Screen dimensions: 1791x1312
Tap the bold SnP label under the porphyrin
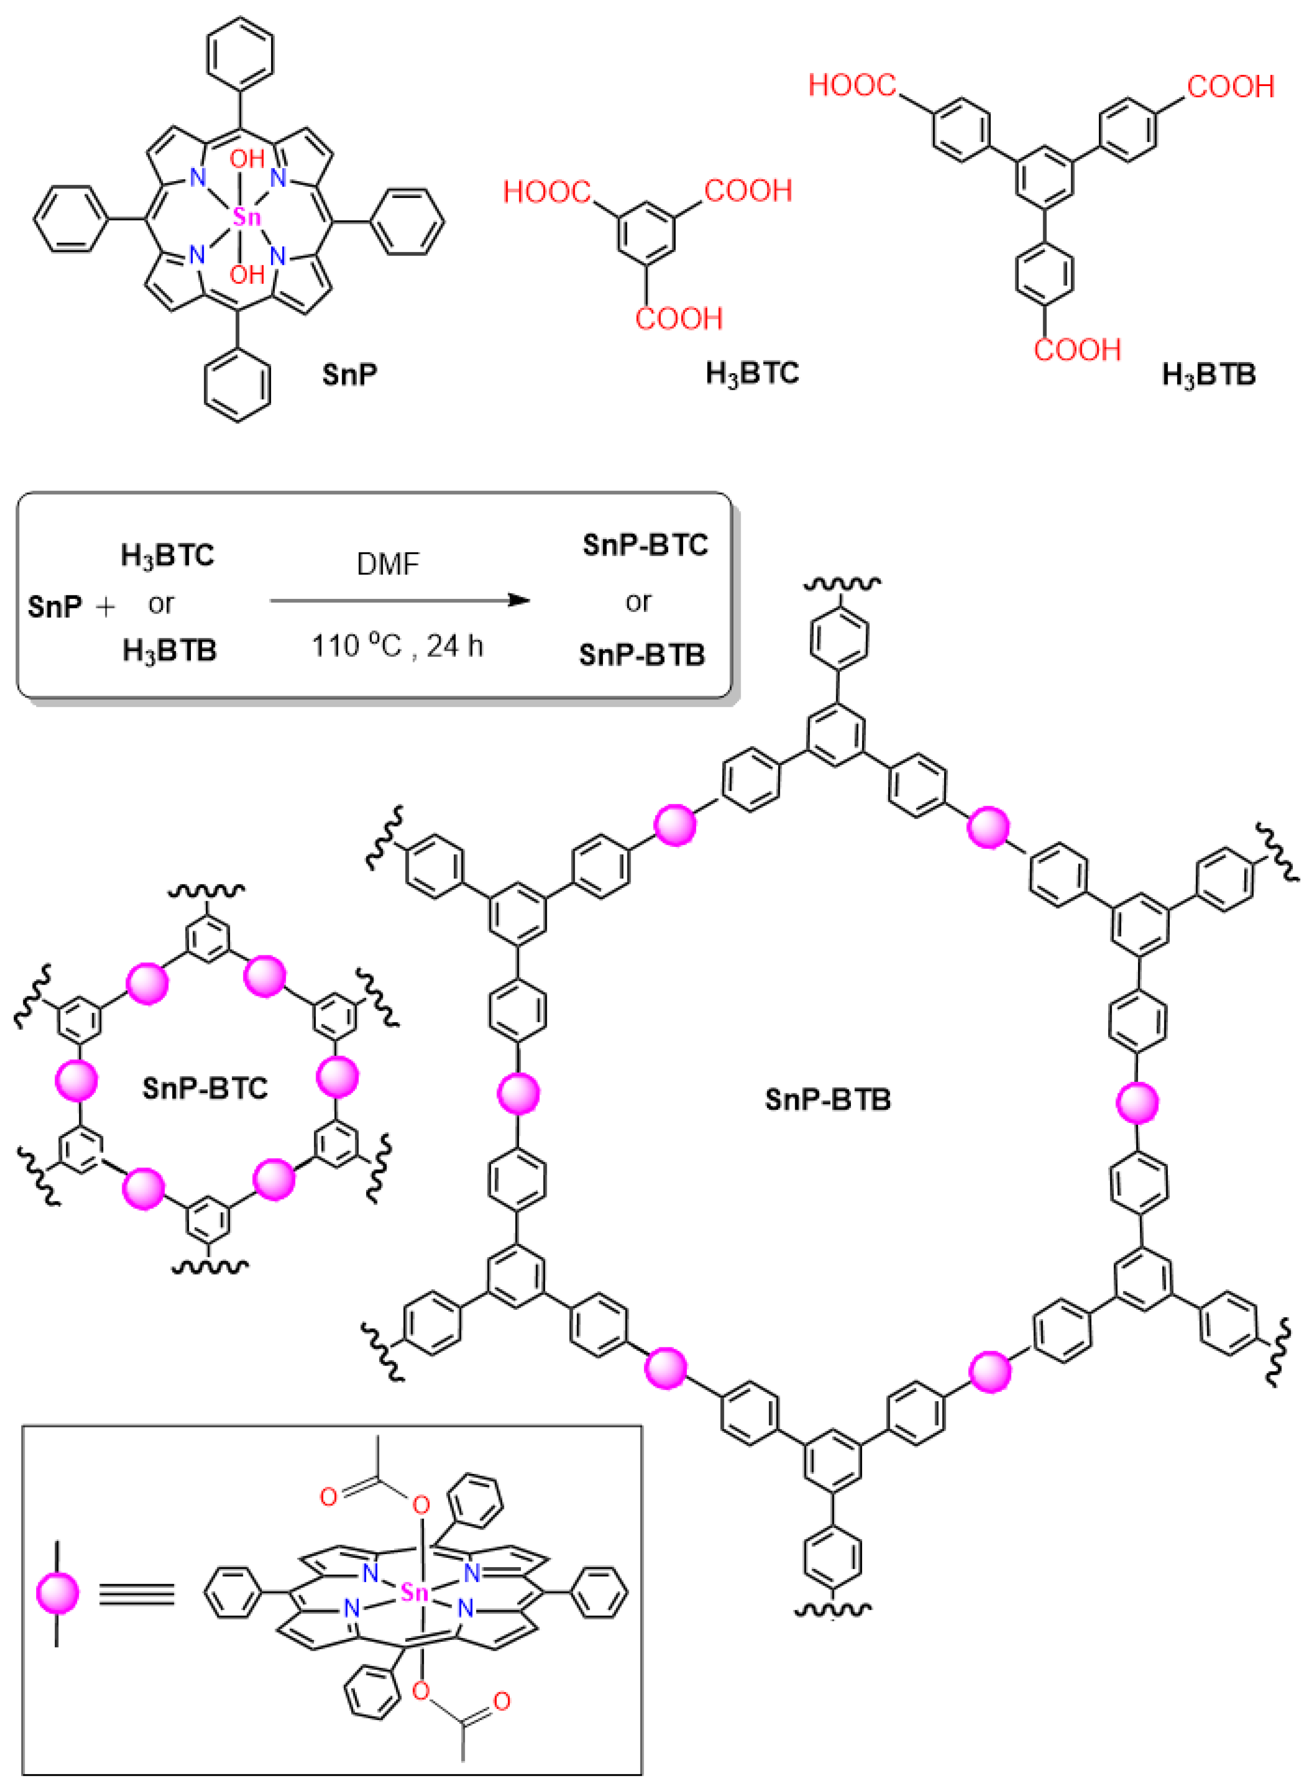(350, 373)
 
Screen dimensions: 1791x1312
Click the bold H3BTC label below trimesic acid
(752, 373)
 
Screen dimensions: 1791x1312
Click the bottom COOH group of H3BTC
(679, 319)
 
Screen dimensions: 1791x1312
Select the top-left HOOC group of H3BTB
(852, 85)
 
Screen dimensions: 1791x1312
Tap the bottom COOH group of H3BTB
(1077, 350)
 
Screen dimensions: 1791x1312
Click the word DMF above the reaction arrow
(388, 564)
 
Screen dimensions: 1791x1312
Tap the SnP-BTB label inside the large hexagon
(828, 1100)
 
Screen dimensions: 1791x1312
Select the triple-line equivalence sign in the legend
(136, 1594)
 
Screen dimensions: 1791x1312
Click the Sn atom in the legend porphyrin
(415, 1593)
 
